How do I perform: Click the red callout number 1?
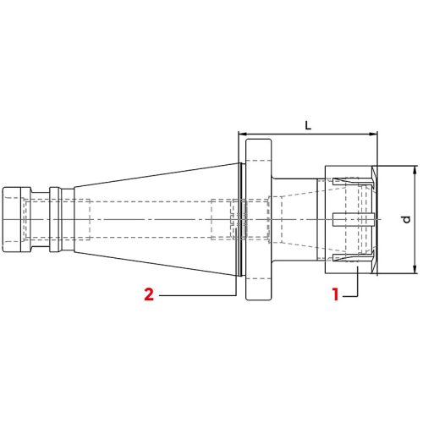tap(335, 294)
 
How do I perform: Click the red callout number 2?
tap(149, 294)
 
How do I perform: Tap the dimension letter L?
tap(308, 125)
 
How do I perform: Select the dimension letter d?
tap(406, 219)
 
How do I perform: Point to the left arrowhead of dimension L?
tap(243, 135)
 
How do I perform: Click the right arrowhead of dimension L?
tap(373, 135)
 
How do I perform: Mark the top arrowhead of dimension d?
tap(415, 170)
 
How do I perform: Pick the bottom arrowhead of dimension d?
tap(415, 269)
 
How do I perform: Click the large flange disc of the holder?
tap(259, 219)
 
